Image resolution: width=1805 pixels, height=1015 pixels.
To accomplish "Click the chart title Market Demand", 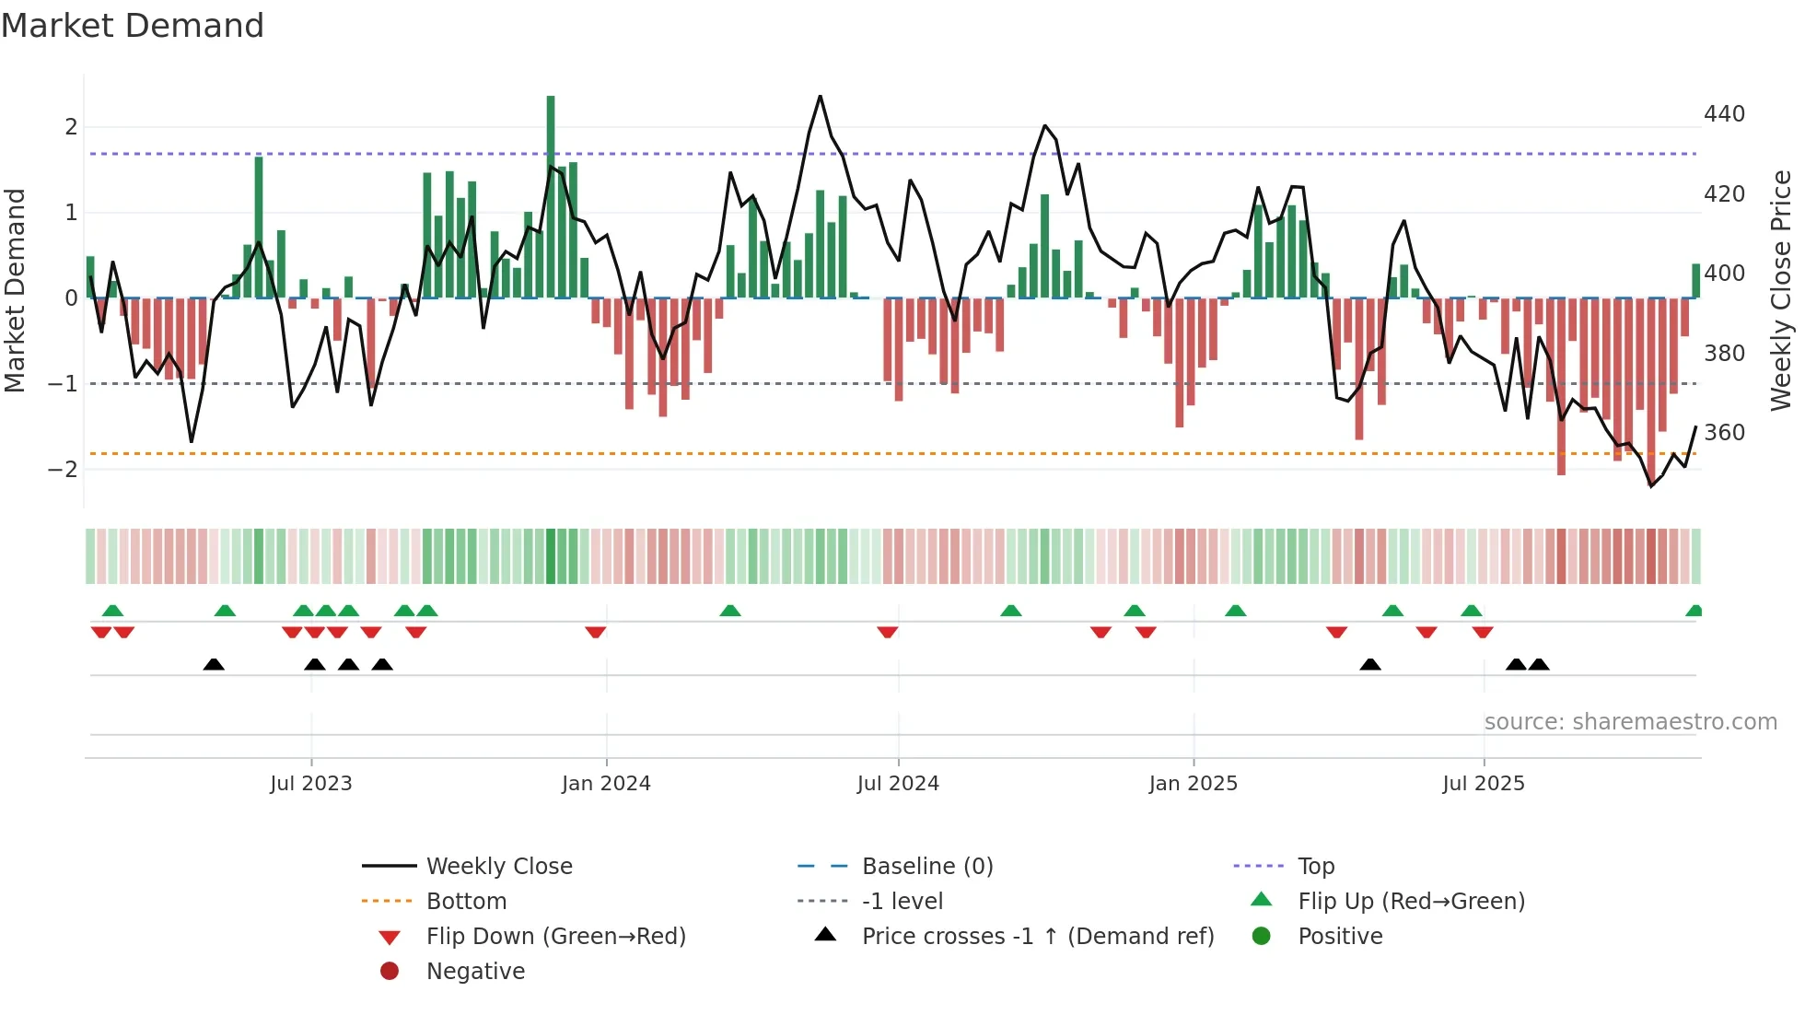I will [x=133, y=26].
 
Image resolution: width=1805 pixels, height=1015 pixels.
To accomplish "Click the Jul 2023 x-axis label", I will [x=311, y=784].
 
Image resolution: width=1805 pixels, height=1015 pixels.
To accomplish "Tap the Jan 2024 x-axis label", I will [x=606, y=784].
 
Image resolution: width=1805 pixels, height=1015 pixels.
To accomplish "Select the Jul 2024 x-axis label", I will [x=898, y=784].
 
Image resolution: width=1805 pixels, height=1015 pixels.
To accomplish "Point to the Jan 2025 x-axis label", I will [x=1194, y=784].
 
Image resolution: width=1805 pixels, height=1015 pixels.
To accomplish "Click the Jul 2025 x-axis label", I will [x=1484, y=784].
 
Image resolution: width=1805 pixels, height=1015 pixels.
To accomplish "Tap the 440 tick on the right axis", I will [x=1724, y=114].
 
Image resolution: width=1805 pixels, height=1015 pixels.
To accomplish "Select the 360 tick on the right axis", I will [x=1724, y=433].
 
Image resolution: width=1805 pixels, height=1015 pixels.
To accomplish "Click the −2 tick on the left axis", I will [x=63, y=470].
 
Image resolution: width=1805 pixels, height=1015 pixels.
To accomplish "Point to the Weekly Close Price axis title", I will [x=1781, y=290].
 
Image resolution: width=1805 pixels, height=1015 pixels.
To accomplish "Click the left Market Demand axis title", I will [x=15, y=290].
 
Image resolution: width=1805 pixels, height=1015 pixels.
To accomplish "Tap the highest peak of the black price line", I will [x=820, y=97].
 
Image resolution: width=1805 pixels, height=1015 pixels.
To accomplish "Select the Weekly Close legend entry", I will [x=499, y=867].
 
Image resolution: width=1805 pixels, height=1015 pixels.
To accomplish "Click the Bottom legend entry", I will [x=466, y=902].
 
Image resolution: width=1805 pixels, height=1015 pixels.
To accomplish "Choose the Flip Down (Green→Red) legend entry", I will [x=555, y=937].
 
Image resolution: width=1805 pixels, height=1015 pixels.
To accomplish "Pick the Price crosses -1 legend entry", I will [x=1038, y=937].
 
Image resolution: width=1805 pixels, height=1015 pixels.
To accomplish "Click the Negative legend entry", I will [x=475, y=972].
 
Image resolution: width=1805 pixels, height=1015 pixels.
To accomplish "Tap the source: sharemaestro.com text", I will [x=1630, y=722].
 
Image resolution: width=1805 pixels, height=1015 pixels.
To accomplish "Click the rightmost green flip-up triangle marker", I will [x=1694, y=611].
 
